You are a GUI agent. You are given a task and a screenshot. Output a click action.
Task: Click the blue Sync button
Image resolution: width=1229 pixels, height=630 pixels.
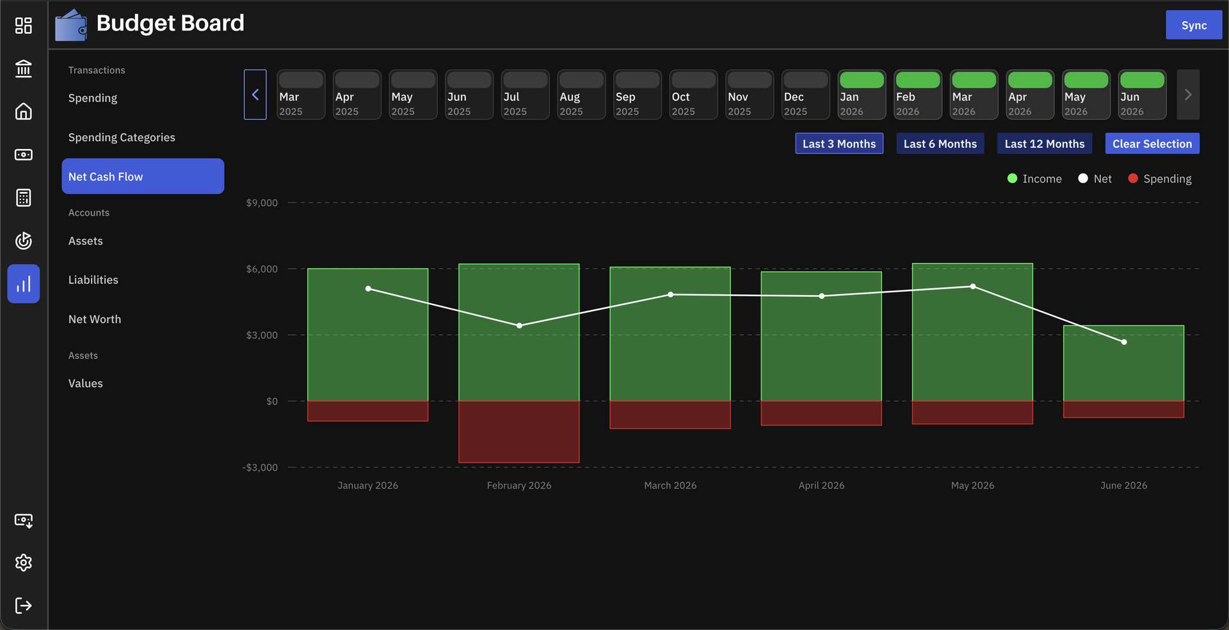coord(1194,25)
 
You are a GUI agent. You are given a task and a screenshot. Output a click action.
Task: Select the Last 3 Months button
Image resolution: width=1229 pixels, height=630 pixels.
coord(839,144)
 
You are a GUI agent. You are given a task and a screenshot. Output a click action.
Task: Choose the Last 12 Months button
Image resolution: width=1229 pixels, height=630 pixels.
coord(1045,144)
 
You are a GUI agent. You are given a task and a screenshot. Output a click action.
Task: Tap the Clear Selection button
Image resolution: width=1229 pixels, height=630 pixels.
coord(1152,144)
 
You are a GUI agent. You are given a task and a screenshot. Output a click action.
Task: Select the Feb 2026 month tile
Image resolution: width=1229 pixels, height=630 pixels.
coord(918,95)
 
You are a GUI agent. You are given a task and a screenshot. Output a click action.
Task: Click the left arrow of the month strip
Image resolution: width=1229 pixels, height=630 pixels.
coord(255,95)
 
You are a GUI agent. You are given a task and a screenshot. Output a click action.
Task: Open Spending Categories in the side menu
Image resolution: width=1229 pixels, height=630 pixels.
coord(122,138)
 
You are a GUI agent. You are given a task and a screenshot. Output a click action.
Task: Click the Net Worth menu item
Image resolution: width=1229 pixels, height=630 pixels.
coord(95,319)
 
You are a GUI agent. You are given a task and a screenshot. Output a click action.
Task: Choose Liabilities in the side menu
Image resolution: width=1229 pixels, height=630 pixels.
coord(93,280)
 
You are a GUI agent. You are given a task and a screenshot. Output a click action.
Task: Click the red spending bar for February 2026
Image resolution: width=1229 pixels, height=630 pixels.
coord(519,432)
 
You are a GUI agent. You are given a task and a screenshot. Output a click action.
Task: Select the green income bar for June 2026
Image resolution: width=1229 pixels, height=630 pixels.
coord(1123,363)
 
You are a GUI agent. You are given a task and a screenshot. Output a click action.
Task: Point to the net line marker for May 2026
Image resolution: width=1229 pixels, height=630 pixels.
coord(973,287)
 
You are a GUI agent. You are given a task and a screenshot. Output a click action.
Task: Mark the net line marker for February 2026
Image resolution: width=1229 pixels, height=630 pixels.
coord(519,326)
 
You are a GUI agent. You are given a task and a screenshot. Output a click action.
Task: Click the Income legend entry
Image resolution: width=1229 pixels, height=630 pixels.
coord(1034,179)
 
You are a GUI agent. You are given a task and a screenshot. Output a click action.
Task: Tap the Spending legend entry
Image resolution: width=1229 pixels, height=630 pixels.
coord(1160,179)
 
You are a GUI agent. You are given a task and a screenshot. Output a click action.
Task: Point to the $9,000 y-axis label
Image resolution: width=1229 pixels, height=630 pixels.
coord(262,203)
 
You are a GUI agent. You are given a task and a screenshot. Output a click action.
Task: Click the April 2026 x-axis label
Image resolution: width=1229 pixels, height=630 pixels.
coord(821,485)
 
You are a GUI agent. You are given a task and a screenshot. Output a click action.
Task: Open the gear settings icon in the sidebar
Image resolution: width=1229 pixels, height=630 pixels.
coord(24,563)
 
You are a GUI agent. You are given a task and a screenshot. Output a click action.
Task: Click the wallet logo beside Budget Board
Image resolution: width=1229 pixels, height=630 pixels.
coord(71,25)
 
